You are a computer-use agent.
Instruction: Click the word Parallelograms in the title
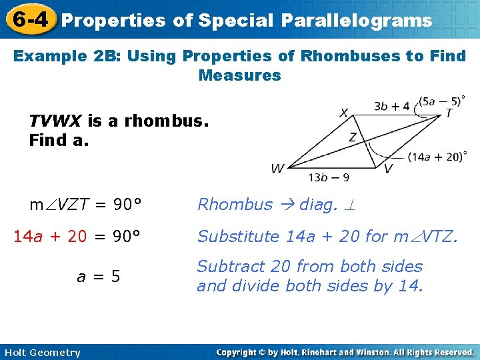[x=357, y=20]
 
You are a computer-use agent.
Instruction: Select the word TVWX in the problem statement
[x=55, y=121]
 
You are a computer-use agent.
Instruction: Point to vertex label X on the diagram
[x=344, y=113]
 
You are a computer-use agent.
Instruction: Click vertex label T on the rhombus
[x=449, y=113]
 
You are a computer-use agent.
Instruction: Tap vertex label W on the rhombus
[x=278, y=169]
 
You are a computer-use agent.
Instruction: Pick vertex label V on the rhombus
[x=388, y=169]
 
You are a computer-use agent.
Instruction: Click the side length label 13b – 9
[x=329, y=178]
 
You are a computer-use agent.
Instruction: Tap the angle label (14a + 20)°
[x=437, y=157]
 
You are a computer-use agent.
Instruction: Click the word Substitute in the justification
[x=238, y=236]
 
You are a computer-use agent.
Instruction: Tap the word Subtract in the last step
[x=227, y=267]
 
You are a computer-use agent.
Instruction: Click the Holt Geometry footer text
[x=41, y=353]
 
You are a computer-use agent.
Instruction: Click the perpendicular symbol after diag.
[x=349, y=205]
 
